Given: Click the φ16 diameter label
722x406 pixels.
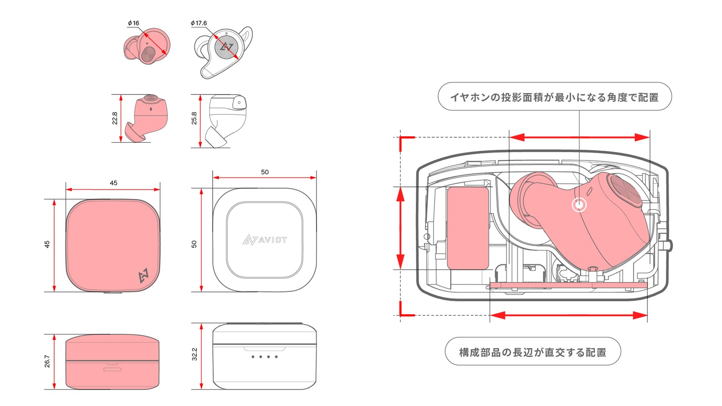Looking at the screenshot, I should point(134,23).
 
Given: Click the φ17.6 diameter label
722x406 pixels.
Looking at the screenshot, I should point(199,23).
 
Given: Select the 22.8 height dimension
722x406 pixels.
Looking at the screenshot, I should point(115,118).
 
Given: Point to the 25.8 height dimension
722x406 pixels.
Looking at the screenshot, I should point(194,118).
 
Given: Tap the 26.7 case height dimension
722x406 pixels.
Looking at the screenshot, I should point(47,361).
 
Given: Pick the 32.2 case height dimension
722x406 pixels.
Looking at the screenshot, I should point(194,354).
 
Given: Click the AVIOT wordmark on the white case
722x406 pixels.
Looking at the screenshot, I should point(265,240).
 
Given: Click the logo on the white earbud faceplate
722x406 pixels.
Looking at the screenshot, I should point(226,47).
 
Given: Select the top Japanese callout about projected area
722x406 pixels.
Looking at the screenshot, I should point(554,97).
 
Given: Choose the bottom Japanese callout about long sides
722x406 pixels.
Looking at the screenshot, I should point(533,352).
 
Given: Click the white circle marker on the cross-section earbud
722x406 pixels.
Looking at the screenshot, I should point(579,204).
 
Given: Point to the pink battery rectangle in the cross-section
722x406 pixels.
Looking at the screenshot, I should point(468,228).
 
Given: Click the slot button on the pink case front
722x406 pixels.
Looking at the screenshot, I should point(113,369).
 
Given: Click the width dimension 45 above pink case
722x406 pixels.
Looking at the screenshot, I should point(113,183).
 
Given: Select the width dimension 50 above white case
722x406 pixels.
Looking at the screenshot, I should point(265,172).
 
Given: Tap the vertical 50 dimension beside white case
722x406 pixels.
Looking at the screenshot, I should point(194,244).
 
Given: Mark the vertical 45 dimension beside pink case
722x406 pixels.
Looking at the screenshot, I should point(47,244).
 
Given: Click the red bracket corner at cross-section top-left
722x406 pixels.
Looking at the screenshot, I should point(403,139).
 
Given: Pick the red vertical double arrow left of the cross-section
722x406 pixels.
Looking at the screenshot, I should point(401,228).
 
